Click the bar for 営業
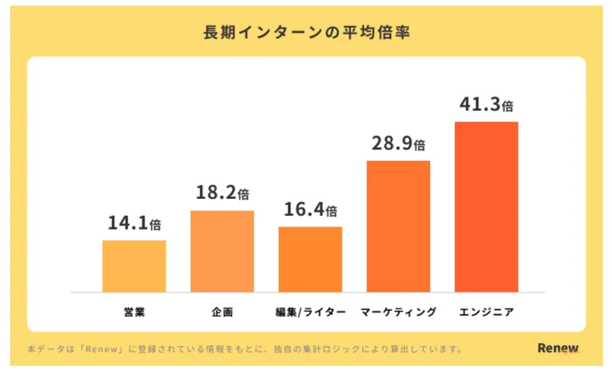[x=135, y=266]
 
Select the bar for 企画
[x=222, y=251]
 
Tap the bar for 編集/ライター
[x=311, y=259]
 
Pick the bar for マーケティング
[x=398, y=227]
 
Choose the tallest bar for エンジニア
[x=487, y=207]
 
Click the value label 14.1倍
[x=135, y=223]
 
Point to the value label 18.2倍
[x=222, y=192]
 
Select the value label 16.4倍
[x=311, y=210]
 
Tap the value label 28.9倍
[x=398, y=143]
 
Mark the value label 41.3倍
[x=487, y=104]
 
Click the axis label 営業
[x=135, y=312]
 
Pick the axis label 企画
[x=222, y=312]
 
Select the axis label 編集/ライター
[x=311, y=312]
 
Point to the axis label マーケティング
[x=398, y=312]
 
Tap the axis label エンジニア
[x=487, y=312]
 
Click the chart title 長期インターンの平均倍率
[x=307, y=32]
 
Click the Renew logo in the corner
[x=558, y=348]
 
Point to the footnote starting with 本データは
[x=245, y=349]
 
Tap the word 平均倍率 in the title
[x=376, y=32]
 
